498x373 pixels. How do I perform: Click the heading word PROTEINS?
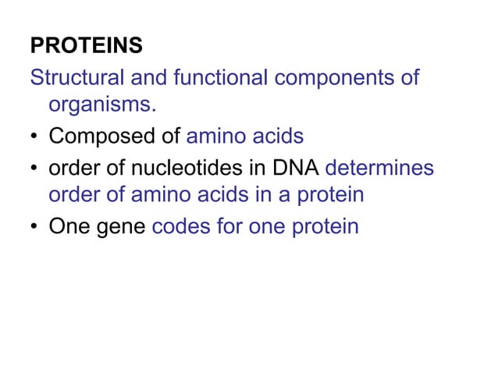click(x=87, y=47)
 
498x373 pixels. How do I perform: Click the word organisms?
click(x=97, y=105)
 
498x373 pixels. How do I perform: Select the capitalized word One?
click(x=68, y=227)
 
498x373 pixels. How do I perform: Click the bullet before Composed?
click(x=34, y=138)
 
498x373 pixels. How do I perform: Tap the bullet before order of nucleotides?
click(x=34, y=169)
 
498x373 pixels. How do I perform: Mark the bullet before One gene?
click(x=34, y=228)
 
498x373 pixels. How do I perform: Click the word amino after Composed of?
click(x=216, y=137)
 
